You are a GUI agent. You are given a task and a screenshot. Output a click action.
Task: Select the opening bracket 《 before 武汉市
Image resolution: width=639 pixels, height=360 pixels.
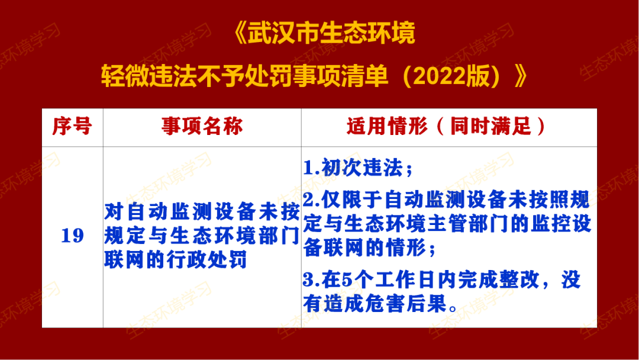(236, 33)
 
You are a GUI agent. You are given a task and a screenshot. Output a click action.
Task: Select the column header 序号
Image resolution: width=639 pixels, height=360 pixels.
(72, 127)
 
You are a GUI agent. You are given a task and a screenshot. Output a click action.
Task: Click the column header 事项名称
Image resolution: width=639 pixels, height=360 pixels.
(202, 127)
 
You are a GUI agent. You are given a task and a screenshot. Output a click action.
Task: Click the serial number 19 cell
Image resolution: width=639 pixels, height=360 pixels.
(72, 236)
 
